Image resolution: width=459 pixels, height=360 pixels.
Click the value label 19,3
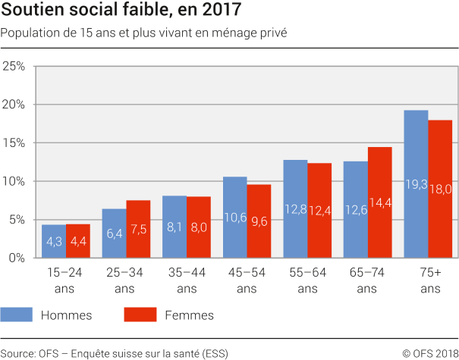click(416, 183)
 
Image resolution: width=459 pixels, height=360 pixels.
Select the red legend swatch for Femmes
click(139, 315)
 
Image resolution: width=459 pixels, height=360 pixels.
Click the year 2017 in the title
click(222, 11)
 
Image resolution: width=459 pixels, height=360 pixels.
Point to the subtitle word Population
click(29, 33)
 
